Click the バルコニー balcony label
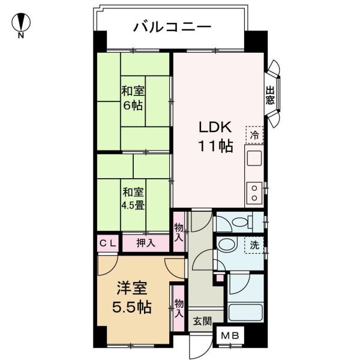tap(172, 27)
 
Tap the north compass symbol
tap(21, 25)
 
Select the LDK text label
tap(215, 127)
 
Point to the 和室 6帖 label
tap(133, 98)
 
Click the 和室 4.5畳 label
tap(133, 199)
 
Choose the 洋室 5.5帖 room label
tap(132, 298)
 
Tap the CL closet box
tap(107, 243)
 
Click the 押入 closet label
tap(146, 243)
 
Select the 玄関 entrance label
tap(202, 321)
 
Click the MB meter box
tap(230, 335)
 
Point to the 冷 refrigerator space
tap(254, 135)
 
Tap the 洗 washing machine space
tap(254, 245)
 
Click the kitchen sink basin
tap(254, 158)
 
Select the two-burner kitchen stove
tap(254, 193)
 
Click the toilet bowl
tap(241, 222)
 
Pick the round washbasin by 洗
tap(227, 245)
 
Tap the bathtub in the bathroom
tap(245, 312)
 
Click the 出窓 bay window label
tap(270, 95)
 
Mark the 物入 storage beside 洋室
tap(179, 308)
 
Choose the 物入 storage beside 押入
tap(179, 232)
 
